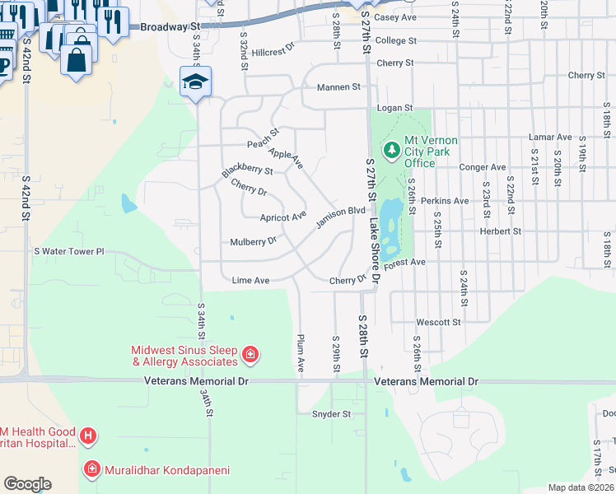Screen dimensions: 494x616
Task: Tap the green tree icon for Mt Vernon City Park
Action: (x=390, y=150)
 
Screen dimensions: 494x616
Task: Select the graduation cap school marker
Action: (x=196, y=81)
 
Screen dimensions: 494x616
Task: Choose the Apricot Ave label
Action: (x=282, y=217)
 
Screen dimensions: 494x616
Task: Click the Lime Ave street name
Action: (x=250, y=280)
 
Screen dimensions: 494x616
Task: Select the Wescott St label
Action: (x=439, y=322)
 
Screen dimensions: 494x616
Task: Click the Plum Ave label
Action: (x=301, y=352)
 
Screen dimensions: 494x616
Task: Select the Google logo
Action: (x=27, y=483)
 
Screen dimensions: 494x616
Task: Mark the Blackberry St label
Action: (x=247, y=170)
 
